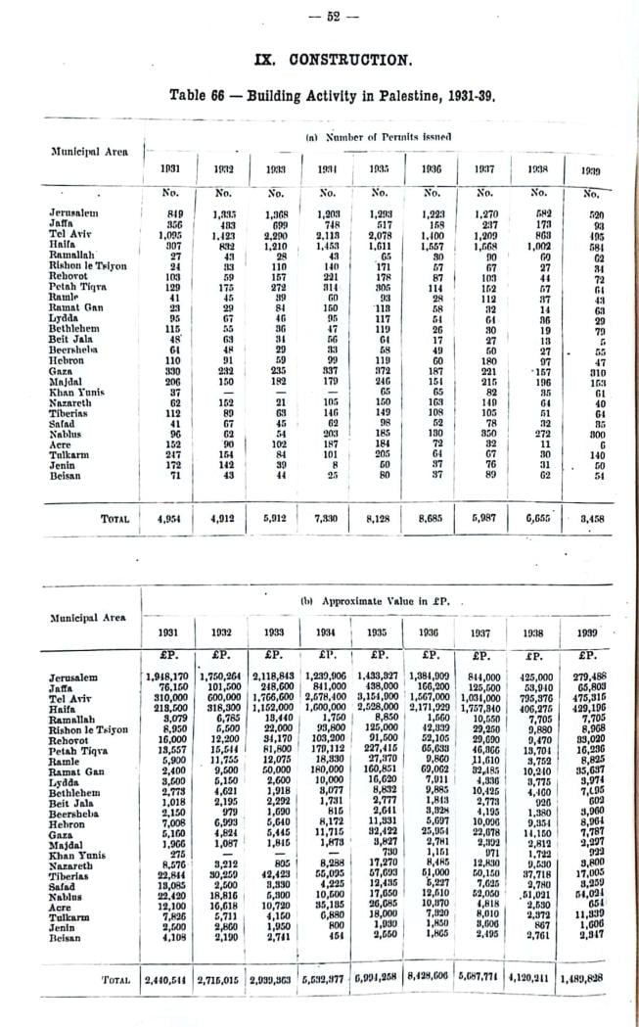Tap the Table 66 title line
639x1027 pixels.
point(320,95)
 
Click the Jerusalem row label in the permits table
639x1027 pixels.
point(72,211)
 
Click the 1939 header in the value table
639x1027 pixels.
point(589,631)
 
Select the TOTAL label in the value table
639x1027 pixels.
point(116,979)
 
